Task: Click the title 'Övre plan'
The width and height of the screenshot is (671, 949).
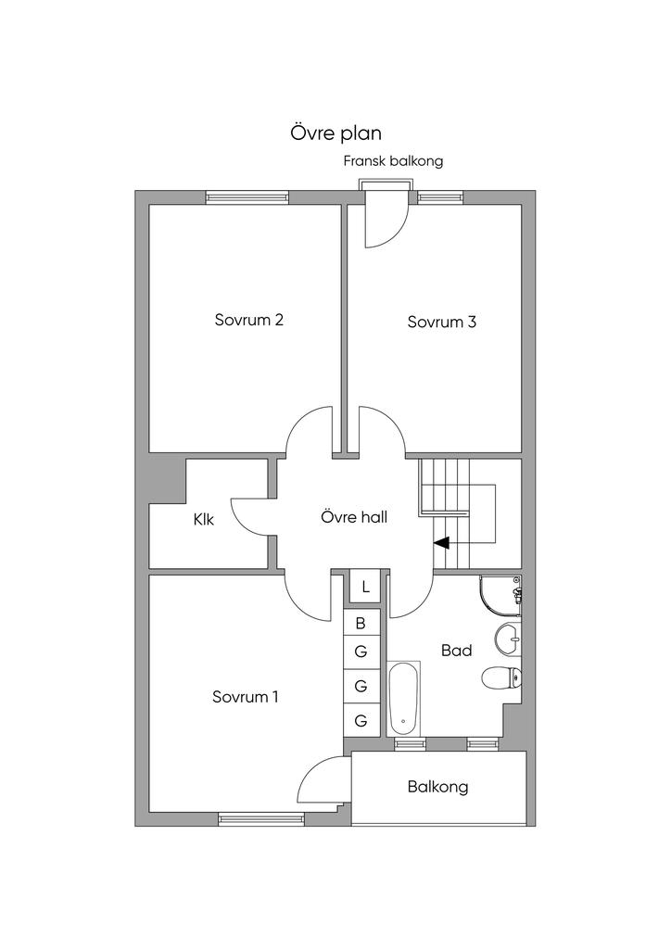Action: (335, 133)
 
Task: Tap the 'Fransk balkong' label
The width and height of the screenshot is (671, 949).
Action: (393, 161)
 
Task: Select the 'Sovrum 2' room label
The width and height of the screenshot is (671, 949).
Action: (248, 320)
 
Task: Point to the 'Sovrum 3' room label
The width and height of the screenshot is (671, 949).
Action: (442, 322)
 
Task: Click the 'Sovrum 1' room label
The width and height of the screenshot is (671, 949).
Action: (245, 697)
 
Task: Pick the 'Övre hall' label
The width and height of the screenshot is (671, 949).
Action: (354, 517)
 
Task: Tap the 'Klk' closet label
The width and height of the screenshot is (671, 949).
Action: (204, 519)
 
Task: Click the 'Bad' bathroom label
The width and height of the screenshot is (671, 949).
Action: (456, 651)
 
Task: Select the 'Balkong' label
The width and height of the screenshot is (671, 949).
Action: (437, 787)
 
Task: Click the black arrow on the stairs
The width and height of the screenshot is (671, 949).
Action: (441, 543)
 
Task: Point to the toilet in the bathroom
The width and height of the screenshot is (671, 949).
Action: (502, 677)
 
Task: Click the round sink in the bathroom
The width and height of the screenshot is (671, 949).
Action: (507, 639)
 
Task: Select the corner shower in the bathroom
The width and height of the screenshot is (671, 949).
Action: (500, 596)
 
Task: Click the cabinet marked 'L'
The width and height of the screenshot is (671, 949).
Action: (365, 587)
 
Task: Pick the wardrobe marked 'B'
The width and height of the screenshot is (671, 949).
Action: (361, 623)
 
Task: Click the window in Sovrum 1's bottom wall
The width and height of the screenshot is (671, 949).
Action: (260, 819)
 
